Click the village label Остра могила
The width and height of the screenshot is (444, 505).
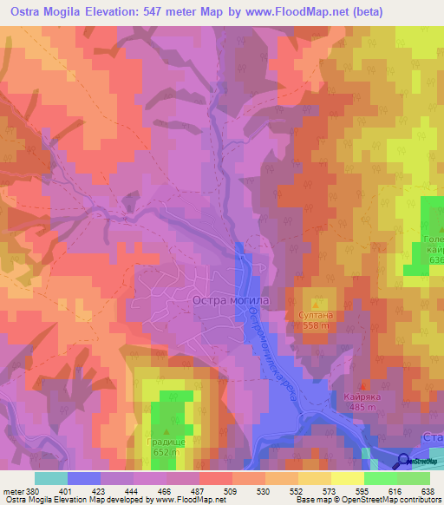point(230,300)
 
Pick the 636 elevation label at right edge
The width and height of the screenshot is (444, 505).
point(434,260)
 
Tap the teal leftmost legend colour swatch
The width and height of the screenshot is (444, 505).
point(50,478)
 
